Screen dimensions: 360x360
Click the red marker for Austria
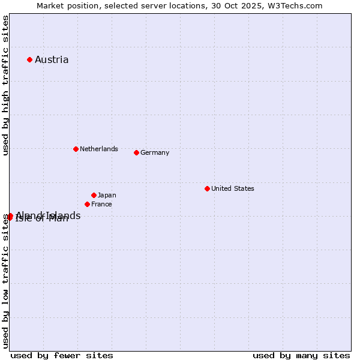29,59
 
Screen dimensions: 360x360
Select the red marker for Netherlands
76,149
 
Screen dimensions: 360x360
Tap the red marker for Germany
136,152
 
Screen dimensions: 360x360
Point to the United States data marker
207,188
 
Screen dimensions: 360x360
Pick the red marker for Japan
94,195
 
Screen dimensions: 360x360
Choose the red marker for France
87,204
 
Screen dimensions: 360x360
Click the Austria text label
52,59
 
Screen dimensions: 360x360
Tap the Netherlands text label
99,149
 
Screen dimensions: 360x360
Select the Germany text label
155,152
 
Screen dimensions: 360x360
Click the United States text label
233,188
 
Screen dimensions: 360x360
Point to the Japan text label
107,195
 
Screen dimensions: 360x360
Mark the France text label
101,204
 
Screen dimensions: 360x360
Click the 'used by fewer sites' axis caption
62,355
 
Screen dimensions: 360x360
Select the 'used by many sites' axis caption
301,355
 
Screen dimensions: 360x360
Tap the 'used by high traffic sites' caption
5,85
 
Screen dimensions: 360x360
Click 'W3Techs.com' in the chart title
298,5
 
